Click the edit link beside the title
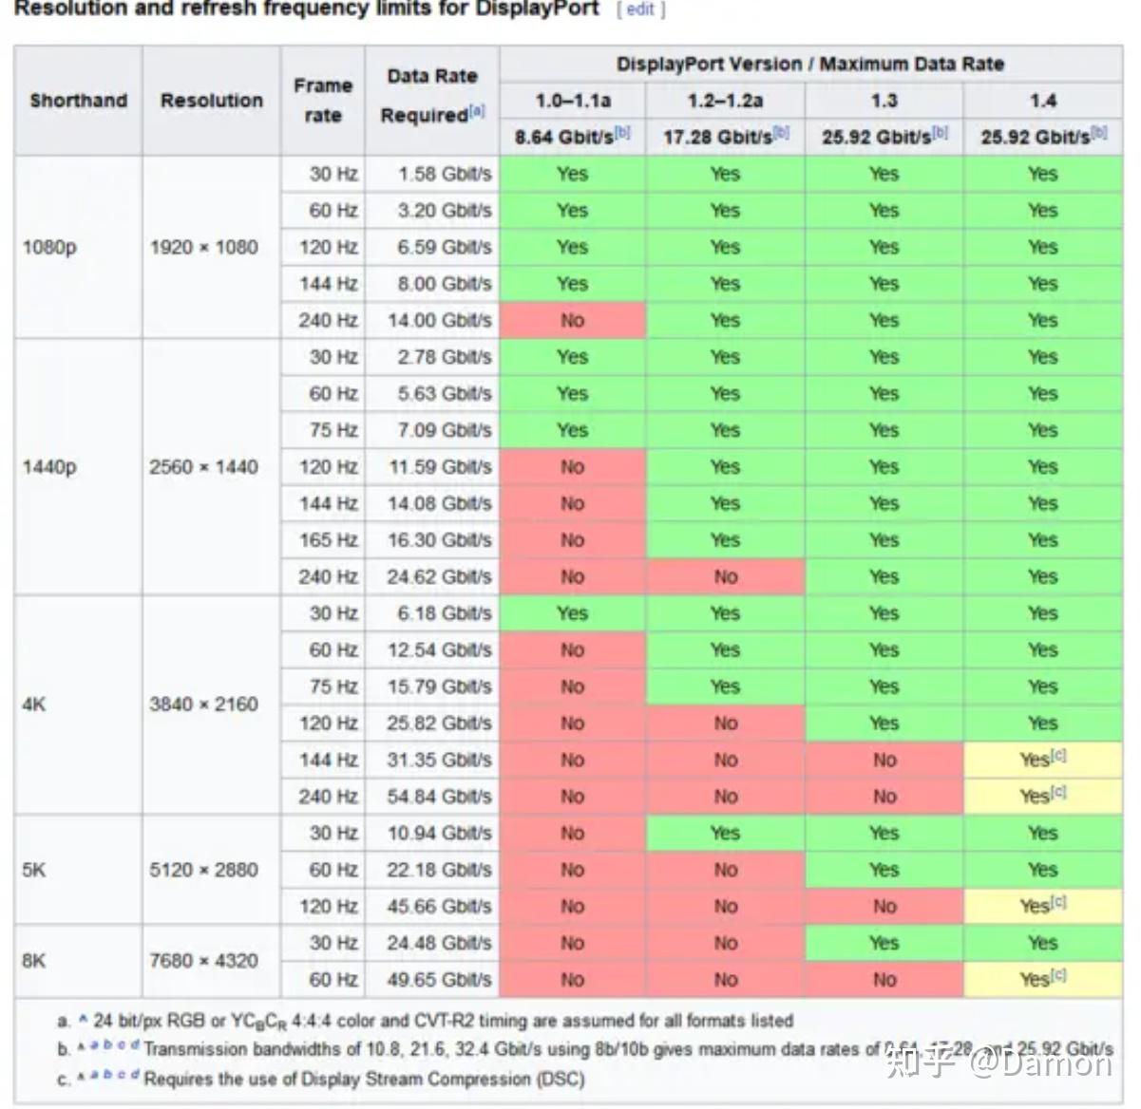tap(640, 9)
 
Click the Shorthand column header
tap(78, 101)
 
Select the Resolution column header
tap(211, 101)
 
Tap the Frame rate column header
tap(323, 101)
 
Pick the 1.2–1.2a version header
tap(725, 101)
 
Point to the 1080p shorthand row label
tap(49, 248)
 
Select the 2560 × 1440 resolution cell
tap(203, 467)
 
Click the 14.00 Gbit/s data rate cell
tap(439, 321)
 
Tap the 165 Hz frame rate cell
tap(328, 540)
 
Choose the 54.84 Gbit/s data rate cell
tap(439, 797)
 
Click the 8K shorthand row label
tap(33, 961)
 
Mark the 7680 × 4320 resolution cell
tap(203, 961)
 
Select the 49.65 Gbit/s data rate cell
tap(439, 980)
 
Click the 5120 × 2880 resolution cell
tap(203, 870)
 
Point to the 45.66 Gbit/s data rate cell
tap(439, 907)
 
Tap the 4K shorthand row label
tap(33, 705)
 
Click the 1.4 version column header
tap(1042, 101)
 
